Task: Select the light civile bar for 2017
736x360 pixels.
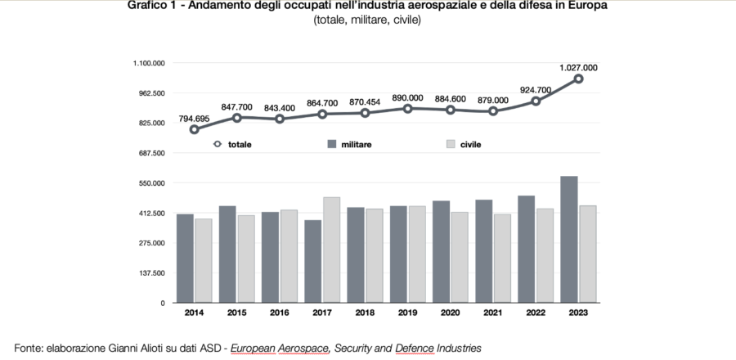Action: (331, 250)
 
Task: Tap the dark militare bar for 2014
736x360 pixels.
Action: (185, 258)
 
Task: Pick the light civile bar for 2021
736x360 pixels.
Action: (502, 258)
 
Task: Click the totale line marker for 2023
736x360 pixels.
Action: (578, 79)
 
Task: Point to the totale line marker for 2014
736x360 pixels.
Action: (195, 129)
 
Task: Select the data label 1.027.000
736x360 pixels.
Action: (578, 67)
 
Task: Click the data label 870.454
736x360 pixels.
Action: (365, 101)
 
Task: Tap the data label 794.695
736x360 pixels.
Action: (195, 118)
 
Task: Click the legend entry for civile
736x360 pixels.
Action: (469, 144)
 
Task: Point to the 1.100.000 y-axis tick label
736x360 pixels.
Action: (150, 63)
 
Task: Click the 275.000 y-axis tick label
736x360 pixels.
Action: (152, 243)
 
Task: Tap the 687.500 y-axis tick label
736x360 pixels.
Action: (152, 153)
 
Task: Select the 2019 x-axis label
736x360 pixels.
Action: (407, 312)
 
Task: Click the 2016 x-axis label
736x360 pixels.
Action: (279, 312)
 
